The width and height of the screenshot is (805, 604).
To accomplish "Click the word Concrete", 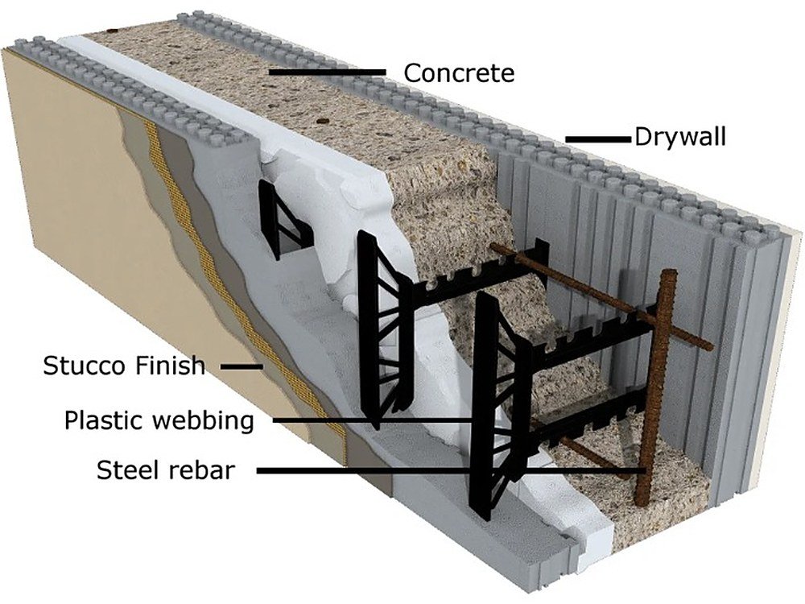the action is pos(459,73).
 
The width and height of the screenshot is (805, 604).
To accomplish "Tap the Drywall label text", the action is pos(680,137).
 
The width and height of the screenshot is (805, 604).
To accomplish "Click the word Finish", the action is pos(171,366).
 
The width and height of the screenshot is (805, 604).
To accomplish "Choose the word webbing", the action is pos(204,421).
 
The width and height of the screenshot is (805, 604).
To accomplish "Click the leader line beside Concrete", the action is pos(328,72).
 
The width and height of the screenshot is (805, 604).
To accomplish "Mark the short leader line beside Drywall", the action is pos(598,139).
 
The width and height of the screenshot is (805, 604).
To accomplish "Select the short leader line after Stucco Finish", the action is pos(242,366).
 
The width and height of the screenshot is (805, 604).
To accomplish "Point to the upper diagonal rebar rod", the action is pos(601,297).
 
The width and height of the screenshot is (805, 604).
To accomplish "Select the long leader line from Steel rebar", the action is pos(451,470).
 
